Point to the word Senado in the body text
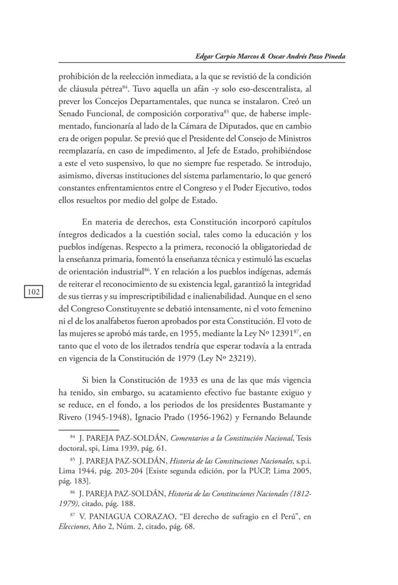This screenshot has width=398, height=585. [73, 114]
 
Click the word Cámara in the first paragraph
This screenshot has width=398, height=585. [231, 127]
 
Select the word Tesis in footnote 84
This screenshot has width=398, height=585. [304, 438]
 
